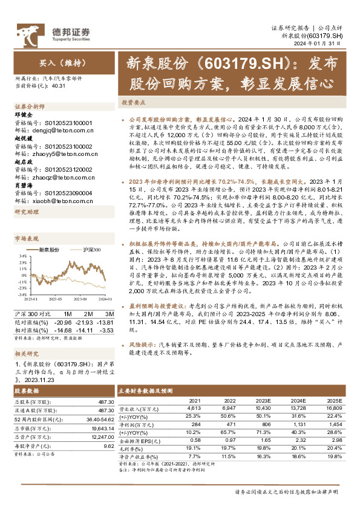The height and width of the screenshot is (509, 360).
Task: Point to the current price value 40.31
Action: [59, 86]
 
